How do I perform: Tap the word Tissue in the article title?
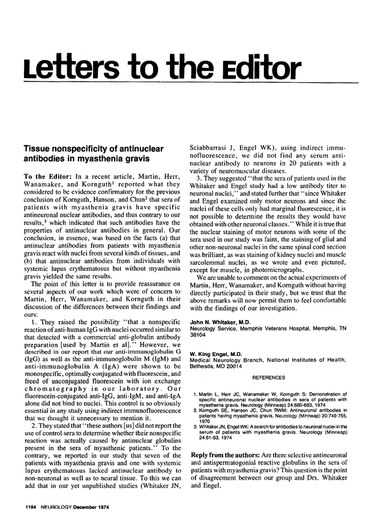click(x=38, y=147)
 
